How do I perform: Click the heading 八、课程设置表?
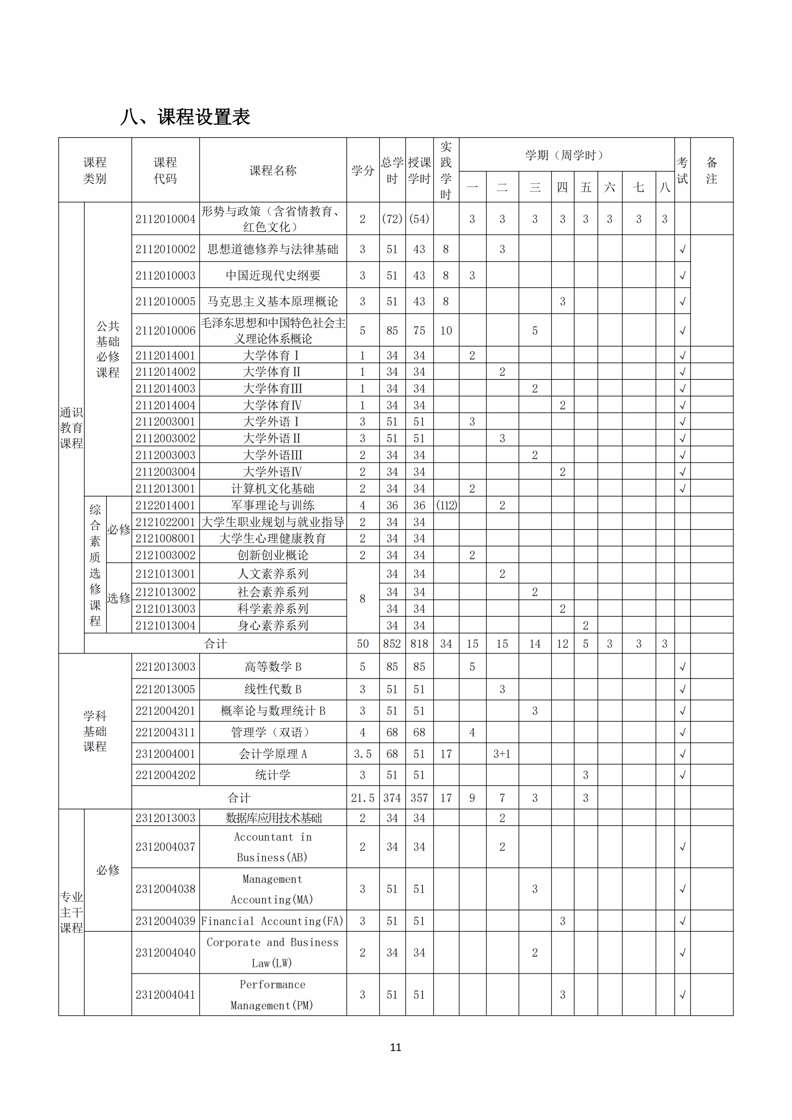pyautogui.click(x=185, y=117)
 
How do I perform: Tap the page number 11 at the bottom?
pyautogui.click(x=396, y=1047)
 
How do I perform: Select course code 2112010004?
pyautogui.click(x=165, y=219)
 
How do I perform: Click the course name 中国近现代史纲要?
pyautogui.click(x=272, y=276)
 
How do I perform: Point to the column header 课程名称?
pyautogui.click(x=272, y=170)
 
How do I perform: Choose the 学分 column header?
pyautogui.click(x=362, y=170)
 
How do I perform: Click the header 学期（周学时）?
pyautogui.click(x=566, y=155)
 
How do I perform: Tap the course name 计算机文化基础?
pyautogui.click(x=272, y=488)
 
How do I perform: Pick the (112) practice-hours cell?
pyautogui.click(x=446, y=505)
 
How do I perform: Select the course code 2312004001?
pyautogui.click(x=165, y=754)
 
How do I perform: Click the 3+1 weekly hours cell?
pyautogui.click(x=502, y=754)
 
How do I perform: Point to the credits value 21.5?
pyautogui.click(x=362, y=798)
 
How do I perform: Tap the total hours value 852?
pyautogui.click(x=392, y=644)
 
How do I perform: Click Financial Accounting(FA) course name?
pyautogui.click(x=272, y=921)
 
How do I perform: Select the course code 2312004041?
pyautogui.click(x=165, y=995)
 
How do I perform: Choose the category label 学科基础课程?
pyautogui.click(x=95, y=731)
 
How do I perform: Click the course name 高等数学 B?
pyautogui.click(x=272, y=667)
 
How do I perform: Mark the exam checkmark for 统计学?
pyautogui.click(x=682, y=775)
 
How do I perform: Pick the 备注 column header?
pyautogui.click(x=712, y=170)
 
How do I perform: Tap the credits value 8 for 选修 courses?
pyautogui.click(x=362, y=599)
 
